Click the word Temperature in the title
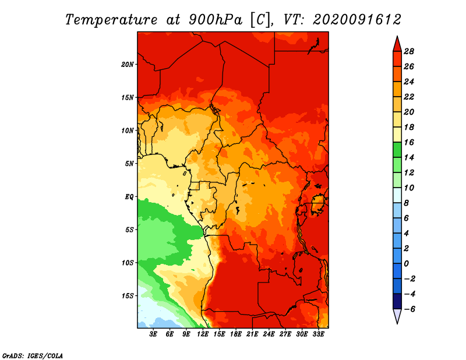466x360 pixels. point(111,20)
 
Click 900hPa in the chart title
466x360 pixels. point(215,20)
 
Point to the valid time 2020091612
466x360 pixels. point(357,20)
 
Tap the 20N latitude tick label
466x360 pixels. point(127,65)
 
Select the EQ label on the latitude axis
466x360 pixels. point(129,197)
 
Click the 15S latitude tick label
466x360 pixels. point(128,296)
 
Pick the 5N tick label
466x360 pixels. point(129,164)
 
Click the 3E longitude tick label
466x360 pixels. point(153,334)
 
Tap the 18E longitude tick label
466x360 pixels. point(236,334)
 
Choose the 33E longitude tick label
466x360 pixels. point(318,334)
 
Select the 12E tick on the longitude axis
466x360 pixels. point(203,334)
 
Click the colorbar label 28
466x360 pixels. point(409,51)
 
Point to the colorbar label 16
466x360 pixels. point(409,142)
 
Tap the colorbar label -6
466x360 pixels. point(409,309)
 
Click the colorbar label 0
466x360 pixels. point(406,264)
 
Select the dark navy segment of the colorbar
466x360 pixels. point(397,301)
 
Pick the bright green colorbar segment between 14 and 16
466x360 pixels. point(397,150)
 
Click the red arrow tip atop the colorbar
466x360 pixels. point(397,36)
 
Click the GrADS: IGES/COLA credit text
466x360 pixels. point(33,356)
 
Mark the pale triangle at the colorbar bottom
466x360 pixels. point(397,315)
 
